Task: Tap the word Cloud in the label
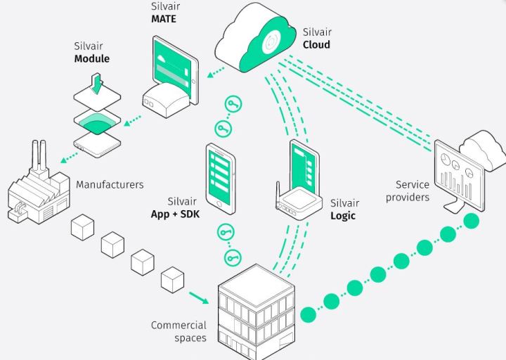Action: pyautogui.click(x=316, y=44)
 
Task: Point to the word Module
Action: pyautogui.click(x=92, y=59)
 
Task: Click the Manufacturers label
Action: pyautogui.click(x=110, y=185)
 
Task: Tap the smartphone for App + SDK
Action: pyautogui.click(x=221, y=176)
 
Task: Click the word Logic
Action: pyautogui.click(x=343, y=216)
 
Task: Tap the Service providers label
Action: pyautogui.click(x=408, y=191)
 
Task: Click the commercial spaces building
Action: pyautogui.click(x=256, y=309)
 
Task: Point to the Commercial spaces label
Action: pyautogui.click(x=179, y=331)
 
